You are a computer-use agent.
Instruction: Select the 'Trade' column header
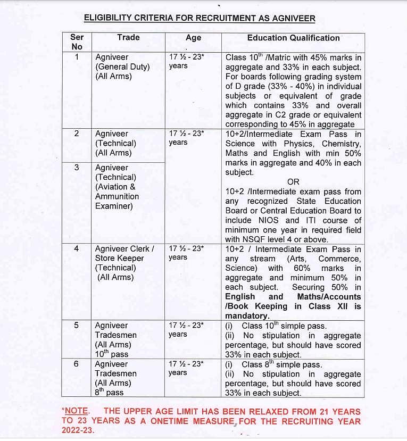(x=128, y=37)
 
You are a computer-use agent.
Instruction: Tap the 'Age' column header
(x=193, y=38)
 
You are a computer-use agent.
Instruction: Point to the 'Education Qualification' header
(x=293, y=38)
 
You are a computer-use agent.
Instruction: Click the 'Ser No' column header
(x=77, y=42)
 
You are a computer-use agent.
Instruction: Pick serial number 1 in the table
(x=77, y=57)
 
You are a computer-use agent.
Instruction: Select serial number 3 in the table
(x=77, y=168)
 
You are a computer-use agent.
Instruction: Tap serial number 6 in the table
(x=77, y=364)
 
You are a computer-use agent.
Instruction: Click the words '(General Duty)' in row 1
(x=122, y=66)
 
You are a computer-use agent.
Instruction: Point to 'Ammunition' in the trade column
(x=117, y=196)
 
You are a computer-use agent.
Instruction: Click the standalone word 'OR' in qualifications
(x=293, y=182)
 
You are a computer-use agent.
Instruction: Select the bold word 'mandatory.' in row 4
(x=246, y=315)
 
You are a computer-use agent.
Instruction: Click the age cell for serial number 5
(x=186, y=329)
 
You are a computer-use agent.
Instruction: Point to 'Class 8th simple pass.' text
(x=281, y=364)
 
